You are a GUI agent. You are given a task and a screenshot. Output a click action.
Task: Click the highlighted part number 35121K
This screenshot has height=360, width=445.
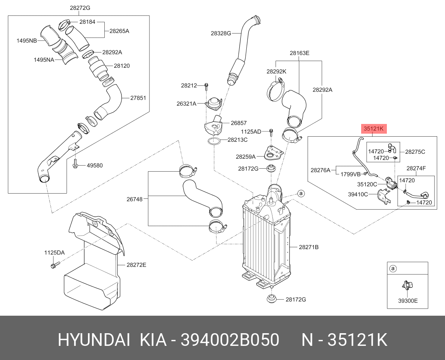[374, 129]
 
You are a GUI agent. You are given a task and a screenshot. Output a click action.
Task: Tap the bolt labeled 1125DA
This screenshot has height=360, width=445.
[54, 265]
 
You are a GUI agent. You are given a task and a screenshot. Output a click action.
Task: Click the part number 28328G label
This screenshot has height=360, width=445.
[221, 33]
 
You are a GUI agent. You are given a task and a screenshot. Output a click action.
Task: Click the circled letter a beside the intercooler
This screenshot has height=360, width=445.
[301, 193]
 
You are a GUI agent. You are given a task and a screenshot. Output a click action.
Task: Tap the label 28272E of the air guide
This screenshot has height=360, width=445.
[136, 265]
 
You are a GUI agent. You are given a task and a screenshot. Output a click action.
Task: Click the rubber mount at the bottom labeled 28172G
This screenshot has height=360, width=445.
[271, 299]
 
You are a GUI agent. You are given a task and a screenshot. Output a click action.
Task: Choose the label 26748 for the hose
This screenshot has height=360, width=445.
[134, 199]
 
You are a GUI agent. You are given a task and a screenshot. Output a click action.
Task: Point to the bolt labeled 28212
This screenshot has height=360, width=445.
[206, 87]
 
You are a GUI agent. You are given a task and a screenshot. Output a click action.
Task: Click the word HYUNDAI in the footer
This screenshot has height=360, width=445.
[94, 340]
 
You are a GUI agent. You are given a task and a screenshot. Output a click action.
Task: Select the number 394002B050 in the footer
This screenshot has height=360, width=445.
[230, 340]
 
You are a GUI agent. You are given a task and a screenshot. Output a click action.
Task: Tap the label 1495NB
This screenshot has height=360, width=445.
[26, 41]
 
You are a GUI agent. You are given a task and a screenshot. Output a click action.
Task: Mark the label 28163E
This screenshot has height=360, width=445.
[299, 53]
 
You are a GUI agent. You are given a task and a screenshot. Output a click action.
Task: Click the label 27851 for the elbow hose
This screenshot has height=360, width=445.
[138, 98]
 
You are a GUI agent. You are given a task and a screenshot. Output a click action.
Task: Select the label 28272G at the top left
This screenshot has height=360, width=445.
[80, 7]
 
